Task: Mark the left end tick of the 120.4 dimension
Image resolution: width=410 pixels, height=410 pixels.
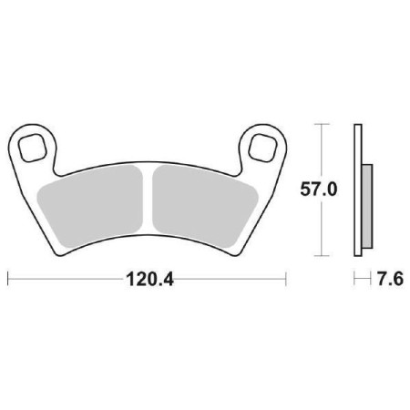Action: [7, 275]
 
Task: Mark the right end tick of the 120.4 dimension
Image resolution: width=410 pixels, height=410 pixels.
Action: [288, 275]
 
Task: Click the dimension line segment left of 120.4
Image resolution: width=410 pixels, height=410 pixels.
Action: [64, 275]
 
